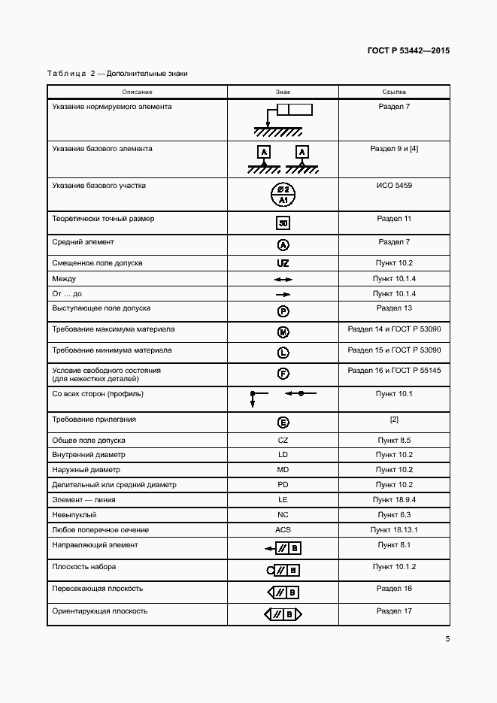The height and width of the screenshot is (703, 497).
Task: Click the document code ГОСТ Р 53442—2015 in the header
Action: point(408,51)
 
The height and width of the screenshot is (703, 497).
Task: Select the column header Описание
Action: point(137,92)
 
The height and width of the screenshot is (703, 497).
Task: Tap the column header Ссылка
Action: point(394,92)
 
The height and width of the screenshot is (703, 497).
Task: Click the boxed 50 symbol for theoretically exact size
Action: point(283,223)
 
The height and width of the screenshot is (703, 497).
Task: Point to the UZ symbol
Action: point(283,264)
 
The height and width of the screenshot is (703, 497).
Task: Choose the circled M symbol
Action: point(283,332)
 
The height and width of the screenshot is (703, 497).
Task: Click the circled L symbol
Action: point(283,353)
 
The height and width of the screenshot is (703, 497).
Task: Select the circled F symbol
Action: point(283,374)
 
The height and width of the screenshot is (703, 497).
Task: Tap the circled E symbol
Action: point(283,423)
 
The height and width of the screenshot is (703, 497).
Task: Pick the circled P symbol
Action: point(283,311)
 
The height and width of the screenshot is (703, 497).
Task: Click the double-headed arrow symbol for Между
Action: point(283,279)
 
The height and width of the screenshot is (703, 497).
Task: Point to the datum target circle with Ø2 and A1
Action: point(283,195)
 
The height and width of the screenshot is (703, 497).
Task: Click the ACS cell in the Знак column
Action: point(283,530)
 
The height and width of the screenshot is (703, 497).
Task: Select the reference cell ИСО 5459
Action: point(394,185)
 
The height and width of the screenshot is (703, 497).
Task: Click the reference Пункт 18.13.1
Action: point(394,530)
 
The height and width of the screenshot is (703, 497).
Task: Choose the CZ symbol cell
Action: point(283,440)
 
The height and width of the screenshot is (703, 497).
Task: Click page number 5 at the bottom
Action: point(447,639)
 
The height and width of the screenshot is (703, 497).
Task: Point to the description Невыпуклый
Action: point(74,515)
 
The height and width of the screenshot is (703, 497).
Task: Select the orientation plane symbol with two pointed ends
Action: point(283,615)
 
